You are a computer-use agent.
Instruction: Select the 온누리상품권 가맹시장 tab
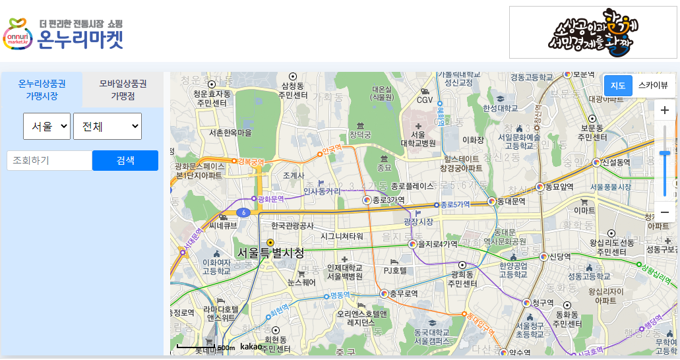click(x=42, y=90)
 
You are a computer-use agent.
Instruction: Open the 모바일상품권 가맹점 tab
click(x=123, y=90)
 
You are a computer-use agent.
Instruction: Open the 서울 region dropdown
click(x=47, y=126)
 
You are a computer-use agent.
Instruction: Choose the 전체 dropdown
click(x=108, y=126)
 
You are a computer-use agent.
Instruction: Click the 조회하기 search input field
click(x=49, y=160)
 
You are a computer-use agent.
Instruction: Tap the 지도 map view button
click(x=618, y=85)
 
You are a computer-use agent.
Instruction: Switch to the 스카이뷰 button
click(x=653, y=85)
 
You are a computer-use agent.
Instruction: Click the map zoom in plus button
click(x=665, y=110)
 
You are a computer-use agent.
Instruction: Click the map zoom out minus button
click(x=665, y=212)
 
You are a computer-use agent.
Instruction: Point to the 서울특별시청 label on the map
click(x=271, y=253)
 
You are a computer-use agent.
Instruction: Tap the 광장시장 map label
click(x=418, y=222)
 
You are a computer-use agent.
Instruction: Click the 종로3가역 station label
click(x=388, y=200)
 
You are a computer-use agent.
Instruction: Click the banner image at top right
click(x=593, y=32)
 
